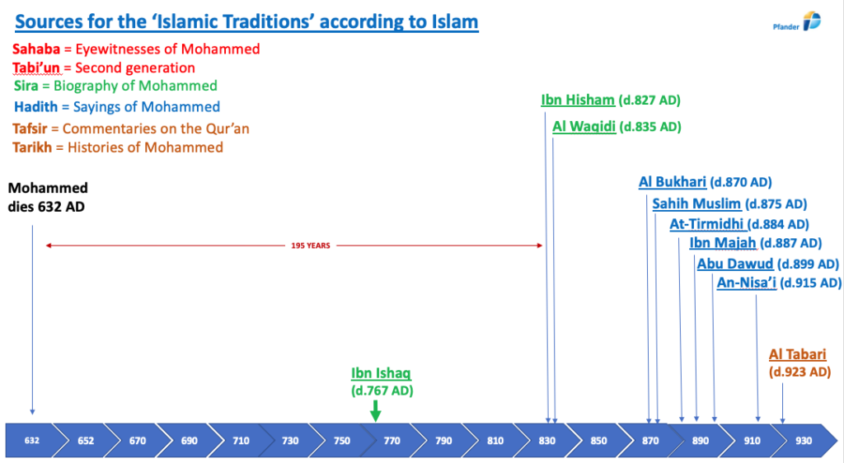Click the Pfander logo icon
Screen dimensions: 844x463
click(812, 21)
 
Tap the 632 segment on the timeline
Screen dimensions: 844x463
click(32, 441)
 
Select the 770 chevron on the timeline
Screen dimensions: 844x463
click(392, 441)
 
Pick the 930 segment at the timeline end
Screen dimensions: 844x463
click(804, 441)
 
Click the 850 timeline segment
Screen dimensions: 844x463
click(598, 441)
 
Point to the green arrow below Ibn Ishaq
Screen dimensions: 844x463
click(376, 411)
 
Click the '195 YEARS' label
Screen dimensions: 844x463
click(311, 246)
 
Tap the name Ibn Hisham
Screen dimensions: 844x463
click(578, 100)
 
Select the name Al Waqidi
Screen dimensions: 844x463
click(584, 126)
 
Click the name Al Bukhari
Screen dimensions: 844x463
click(673, 182)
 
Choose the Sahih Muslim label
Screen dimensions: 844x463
click(696, 203)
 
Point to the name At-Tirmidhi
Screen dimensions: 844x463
click(706, 224)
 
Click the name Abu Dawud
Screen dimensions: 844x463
click(735, 264)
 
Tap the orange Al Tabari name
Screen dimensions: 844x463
click(797, 354)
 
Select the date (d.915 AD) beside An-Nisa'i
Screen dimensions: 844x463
click(810, 283)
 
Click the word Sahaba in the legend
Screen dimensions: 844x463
click(36, 49)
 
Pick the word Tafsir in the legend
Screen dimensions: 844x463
click(30, 129)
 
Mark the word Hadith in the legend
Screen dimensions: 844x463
click(36, 106)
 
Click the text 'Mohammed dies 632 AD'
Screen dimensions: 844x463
click(48, 198)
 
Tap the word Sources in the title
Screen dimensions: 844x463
click(50, 21)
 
